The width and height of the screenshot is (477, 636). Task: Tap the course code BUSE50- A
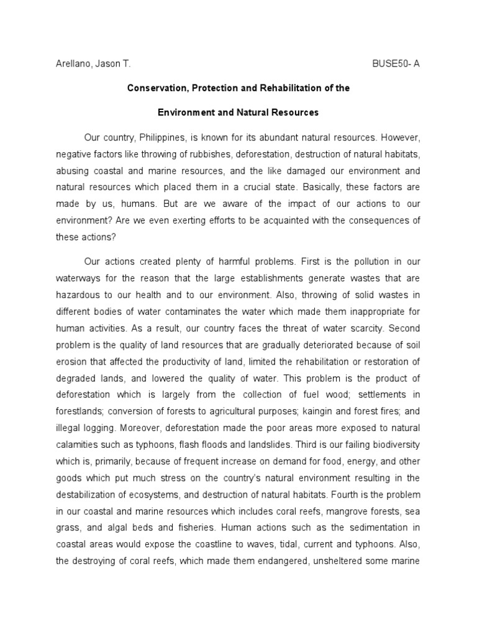pyautogui.click(x=395, y=64)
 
